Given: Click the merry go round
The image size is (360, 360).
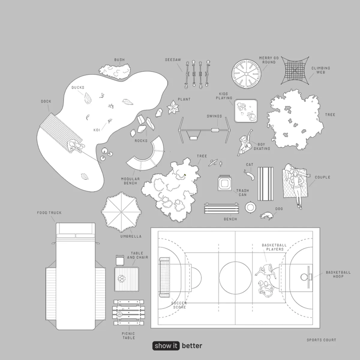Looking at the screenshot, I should pos(246,73).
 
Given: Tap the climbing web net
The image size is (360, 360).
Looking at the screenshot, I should pos(295,70).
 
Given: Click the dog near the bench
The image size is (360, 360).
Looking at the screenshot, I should pos(267,215).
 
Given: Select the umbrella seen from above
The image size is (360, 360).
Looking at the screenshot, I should pos(121,212).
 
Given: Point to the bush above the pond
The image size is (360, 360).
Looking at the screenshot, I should pos(115,71).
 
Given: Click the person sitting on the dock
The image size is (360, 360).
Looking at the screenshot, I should pos(75,146).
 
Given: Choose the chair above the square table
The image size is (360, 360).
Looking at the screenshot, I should pos(120,260).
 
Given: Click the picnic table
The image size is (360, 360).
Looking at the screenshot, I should pos(129,312).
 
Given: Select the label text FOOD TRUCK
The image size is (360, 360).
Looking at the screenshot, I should pos(49,213).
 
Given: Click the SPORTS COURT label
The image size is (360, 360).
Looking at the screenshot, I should pos(321,340).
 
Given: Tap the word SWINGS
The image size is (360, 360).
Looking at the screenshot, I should pos(214,116).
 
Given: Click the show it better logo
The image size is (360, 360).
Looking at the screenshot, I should pos(177,346).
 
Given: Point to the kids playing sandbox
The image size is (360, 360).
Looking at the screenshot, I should pos(246,111).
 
